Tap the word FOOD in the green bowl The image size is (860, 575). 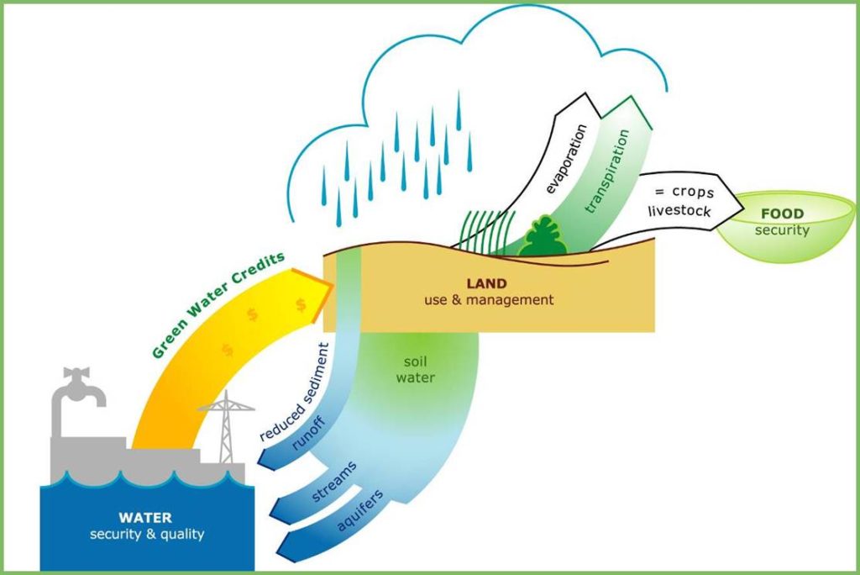pyautogui.click(x=782, y=214)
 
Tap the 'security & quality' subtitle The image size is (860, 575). pyautogui.click(x=147, y=534)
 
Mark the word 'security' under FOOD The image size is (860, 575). pyautogui.click(x=782, y=230)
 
